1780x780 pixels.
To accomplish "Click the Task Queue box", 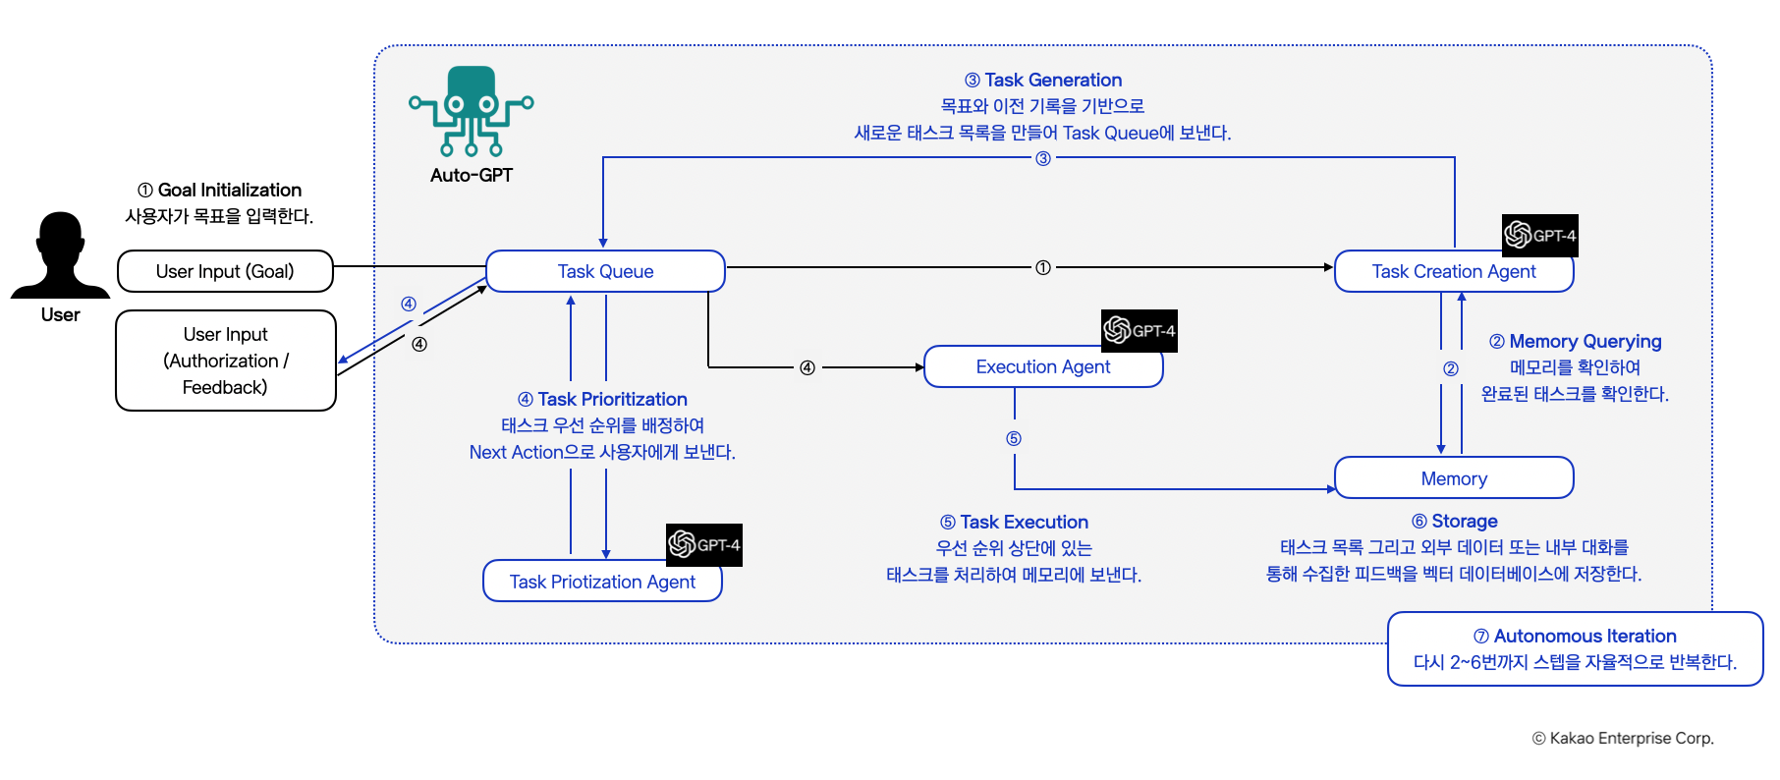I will (x=605, y=271).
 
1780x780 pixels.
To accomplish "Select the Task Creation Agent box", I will (x=1453, y=272).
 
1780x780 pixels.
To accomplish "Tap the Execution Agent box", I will (x=1042, y=366).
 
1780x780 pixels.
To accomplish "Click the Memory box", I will (x=1453, y=478).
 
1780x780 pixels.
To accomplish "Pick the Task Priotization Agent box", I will (x=601, y=582).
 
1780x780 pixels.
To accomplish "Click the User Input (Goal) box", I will (x=225, y=271).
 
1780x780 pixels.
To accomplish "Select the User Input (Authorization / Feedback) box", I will (x=225, y=361).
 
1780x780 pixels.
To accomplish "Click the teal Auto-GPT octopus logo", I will (x=472, y=111).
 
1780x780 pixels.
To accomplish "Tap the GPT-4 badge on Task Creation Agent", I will (x=1539, y=235).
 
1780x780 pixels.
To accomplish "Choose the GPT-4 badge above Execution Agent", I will (x=1139, y=331).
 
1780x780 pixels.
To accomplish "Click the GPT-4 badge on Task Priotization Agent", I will (x=703, y=545).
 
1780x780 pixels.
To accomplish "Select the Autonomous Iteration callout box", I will (x=1575, y=648).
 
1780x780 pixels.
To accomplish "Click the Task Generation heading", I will (x=1043, y=81).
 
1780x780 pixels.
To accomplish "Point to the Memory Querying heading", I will (x=1575, y=342).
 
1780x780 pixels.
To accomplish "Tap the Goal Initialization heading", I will (x=219, y=191).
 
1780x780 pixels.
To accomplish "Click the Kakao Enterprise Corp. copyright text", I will (x=1623, y=739).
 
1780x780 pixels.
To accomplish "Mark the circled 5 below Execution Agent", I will (x=1014, y=438).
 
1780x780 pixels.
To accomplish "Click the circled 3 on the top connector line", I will (x=1043, y=158).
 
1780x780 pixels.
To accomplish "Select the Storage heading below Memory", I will (x=1454, y=522).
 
